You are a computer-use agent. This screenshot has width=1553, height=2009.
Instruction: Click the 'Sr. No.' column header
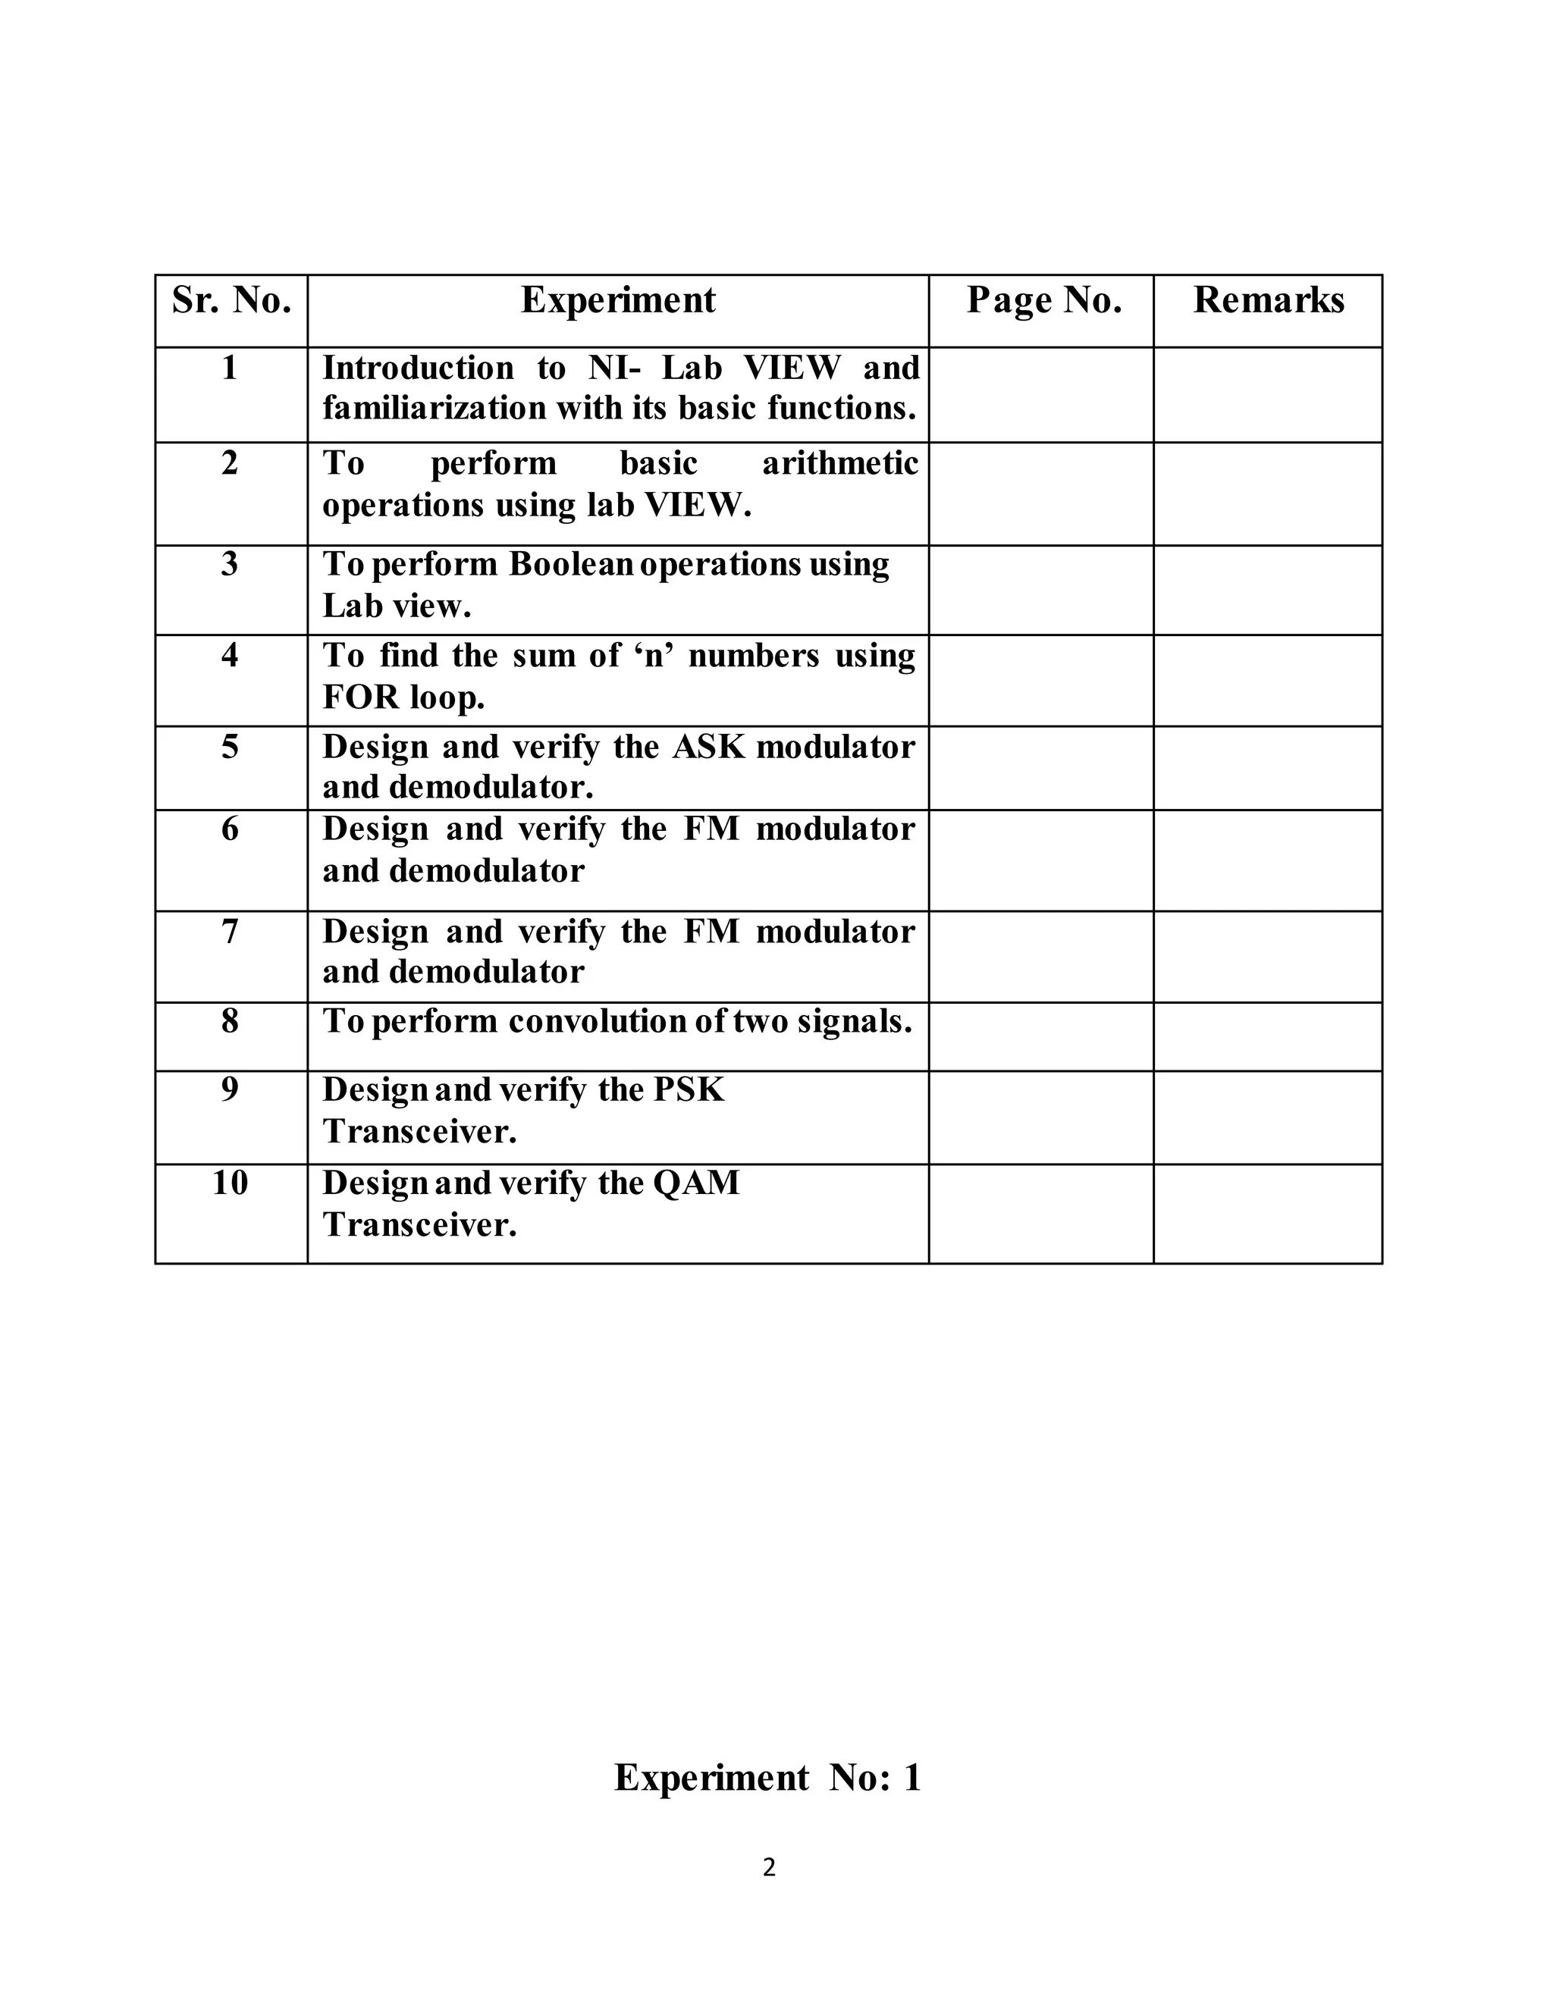point(231,301)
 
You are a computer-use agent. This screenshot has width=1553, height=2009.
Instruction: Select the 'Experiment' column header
point(617,301)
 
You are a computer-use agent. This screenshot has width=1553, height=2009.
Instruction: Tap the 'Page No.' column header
point(1043,301)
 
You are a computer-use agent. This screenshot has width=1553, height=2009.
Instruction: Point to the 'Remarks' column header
point(1268,301)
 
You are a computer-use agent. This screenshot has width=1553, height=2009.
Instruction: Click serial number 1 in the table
point(230,368)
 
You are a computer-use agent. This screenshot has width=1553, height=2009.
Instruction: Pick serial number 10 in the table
point(230,1183)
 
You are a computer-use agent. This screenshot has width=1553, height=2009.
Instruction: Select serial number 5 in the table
point(230,746)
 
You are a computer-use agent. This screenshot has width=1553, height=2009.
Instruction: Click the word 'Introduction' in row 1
point(418,368)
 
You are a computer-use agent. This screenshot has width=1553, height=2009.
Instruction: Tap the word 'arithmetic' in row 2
point(840,462)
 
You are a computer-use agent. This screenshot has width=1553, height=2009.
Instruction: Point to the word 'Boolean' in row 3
point(570,564)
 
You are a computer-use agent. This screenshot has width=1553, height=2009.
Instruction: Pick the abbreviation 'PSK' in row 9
point(689,1090)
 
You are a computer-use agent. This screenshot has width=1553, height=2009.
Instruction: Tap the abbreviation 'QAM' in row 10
point(695,1183)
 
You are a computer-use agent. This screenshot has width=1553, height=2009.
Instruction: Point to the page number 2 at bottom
point(769,1868)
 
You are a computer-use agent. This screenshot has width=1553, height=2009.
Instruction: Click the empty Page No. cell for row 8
point(1040,1036)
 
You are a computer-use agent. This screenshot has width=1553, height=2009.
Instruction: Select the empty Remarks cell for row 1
point(1268,395)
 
